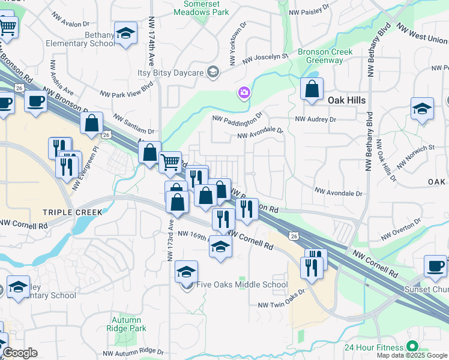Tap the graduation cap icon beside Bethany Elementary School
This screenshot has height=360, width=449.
coord(126,34)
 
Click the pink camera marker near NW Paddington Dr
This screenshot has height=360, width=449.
coord(244,92)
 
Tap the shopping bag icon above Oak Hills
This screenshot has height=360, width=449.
coord(312,90)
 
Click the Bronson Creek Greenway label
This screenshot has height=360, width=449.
coord(320,56)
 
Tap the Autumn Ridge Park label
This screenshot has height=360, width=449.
coord(126,324)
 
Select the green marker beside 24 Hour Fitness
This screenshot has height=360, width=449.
coord(412,346)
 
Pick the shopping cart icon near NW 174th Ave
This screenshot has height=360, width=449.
coord(170,161)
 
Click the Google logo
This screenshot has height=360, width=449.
coord(20,353)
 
